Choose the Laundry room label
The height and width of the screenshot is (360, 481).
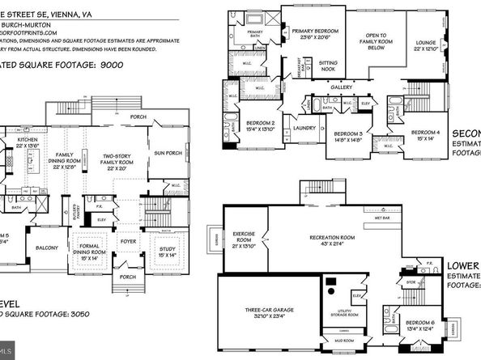click(283, 127)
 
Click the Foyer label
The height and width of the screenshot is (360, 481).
click(126, 239)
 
